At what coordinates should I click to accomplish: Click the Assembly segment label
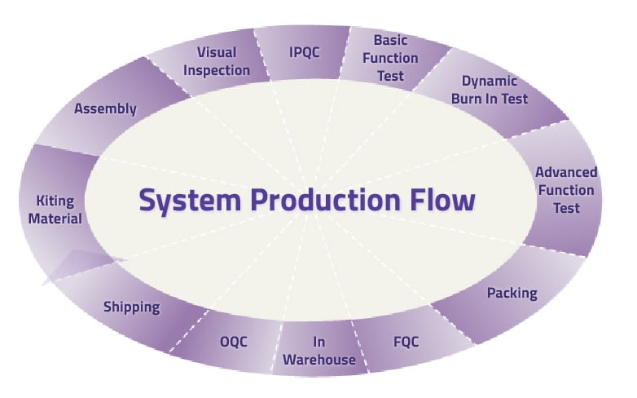pos(105,108)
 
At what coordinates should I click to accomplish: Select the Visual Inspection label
pos(216,61)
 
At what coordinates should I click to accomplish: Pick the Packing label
pos(512,292)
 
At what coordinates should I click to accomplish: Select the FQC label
pos(402,341)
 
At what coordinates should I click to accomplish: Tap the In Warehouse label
pos(320,351)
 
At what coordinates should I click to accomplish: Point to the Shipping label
pos(131,307)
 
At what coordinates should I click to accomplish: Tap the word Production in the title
pos(324,200)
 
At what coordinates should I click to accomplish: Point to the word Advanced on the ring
pos(566,172)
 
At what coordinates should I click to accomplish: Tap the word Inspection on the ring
pos(216,70)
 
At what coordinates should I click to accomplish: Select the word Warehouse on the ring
pos(320,360)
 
